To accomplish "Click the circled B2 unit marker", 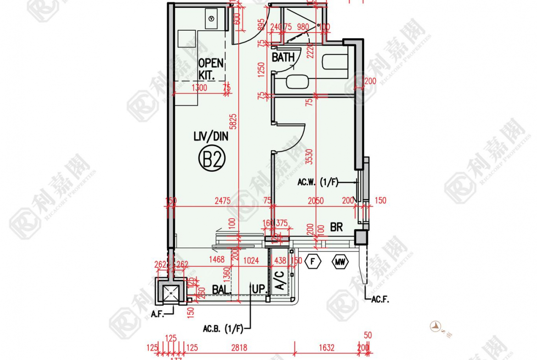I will tap(212, 160).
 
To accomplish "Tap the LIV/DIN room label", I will tap(211, 136).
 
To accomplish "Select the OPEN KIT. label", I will tap(210, 68).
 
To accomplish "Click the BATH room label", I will tap(283, 58).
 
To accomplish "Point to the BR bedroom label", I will tap(336, 227).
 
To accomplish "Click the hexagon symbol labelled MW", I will tap(340, 262).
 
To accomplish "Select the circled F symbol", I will tap(313, 262).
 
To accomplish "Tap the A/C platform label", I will tap(279, 280).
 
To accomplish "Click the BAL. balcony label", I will tap(222, 290).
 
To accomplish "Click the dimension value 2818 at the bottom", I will tap(239, 348).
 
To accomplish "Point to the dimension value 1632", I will tap(326, 348).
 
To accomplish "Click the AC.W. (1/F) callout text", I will tap(318, 183).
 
